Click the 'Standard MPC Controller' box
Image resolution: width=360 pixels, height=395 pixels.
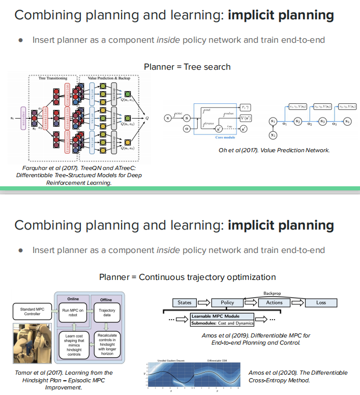[x=33, y=312]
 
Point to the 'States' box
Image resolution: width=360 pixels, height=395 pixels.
[x=185, y=302]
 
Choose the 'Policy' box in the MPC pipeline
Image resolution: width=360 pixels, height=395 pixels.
[x=227, y=302]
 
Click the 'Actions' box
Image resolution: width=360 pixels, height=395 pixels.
[x=274, y=302]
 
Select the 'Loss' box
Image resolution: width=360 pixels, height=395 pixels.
[x=321, y=302]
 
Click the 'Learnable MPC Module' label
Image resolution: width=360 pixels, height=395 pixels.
[x=219, y=316]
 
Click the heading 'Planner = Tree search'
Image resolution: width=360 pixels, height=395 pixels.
[x=187, y=67]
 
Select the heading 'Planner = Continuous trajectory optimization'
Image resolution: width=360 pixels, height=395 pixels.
[x=187, y=277]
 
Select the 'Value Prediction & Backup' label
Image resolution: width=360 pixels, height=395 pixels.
[x=109, y=78]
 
